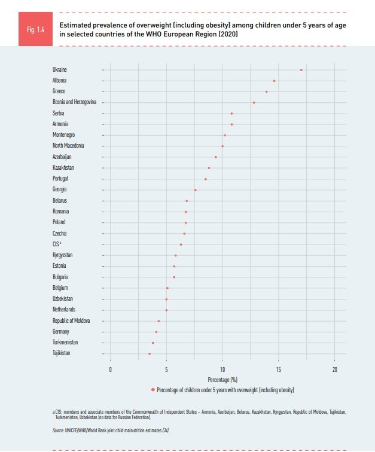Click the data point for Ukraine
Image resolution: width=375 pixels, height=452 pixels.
(301, 70)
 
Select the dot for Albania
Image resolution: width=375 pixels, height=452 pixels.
(275, 81)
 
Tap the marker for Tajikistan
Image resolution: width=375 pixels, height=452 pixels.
(150, 354)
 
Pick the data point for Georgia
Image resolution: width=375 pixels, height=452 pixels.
(196, 190)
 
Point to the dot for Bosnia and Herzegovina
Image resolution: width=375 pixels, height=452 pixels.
(254, 102)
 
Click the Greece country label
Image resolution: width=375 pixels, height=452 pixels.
(59, 91)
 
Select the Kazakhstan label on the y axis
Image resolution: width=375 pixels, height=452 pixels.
(63, 168)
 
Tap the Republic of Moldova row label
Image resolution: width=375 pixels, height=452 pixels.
(71, 321)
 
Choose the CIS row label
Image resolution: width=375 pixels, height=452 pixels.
(57, 245)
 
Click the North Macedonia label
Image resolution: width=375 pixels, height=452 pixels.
(68, 146)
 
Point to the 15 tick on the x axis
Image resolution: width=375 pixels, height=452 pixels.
(279, 370)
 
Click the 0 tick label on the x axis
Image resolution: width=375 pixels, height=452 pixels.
(111, 370)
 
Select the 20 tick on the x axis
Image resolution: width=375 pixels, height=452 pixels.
(335, 370)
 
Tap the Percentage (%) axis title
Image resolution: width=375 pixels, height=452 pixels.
(222, 380)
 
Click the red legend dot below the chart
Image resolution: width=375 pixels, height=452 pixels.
(153, 389)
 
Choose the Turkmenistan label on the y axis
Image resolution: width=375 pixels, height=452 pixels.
(65, 343)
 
